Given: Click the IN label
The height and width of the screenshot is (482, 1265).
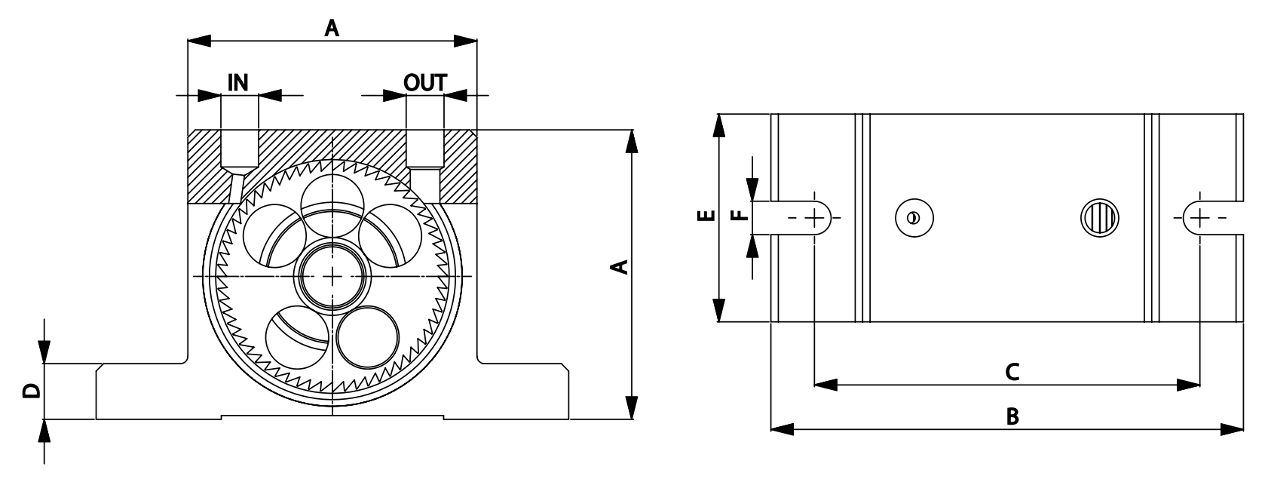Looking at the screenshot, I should coord(238,81).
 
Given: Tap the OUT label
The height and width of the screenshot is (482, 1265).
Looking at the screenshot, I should coord(425,81).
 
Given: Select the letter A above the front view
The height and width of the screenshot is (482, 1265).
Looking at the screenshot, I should coord(332,29).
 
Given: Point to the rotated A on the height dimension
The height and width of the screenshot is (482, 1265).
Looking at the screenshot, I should coord(618,266).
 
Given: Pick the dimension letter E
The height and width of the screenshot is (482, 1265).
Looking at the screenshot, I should coord(706,217).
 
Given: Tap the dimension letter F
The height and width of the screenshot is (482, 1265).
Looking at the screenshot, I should coord(742,217).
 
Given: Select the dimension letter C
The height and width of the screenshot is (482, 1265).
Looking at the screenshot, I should coord(1012,371).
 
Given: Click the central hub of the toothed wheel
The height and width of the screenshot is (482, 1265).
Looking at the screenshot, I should coord(332,277).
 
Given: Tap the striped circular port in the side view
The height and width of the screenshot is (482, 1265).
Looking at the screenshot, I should coord(1100,218).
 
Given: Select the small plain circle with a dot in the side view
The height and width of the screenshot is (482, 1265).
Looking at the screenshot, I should coord(913,218).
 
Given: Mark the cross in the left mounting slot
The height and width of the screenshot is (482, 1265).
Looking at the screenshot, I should coord(815,218).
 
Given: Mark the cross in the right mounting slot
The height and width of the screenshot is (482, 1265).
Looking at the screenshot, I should coord(1199,218).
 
